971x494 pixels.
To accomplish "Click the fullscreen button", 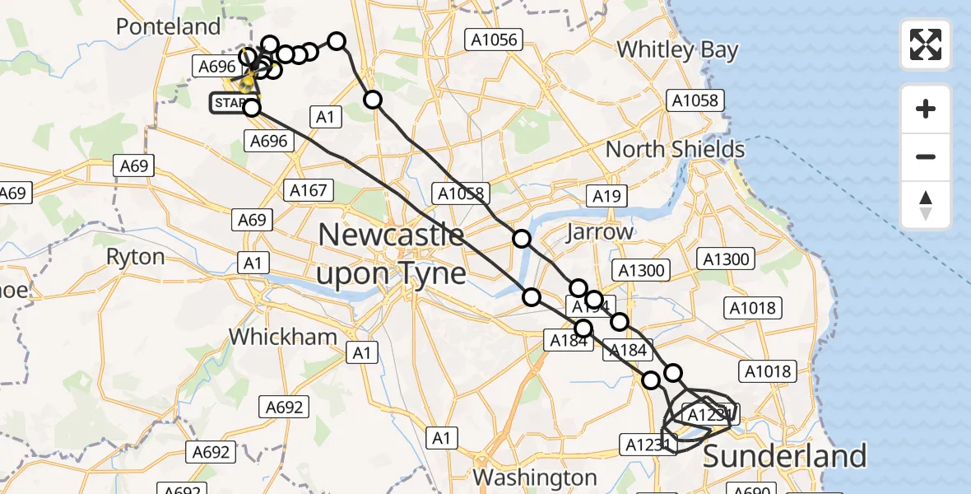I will click(x=926, y=44).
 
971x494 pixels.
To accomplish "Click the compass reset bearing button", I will click(x=926, y=205).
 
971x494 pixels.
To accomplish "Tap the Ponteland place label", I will click(x=168, y=26).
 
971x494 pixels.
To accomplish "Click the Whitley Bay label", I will click(x=677, y=49).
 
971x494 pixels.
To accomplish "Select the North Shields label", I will click(x=675, y=150).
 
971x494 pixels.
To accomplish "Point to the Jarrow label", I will click(x=600, y=231).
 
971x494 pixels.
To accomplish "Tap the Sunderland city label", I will click(x=784, y=455).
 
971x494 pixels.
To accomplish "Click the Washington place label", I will click(x=535, y=478).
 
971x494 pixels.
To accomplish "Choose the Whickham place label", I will click(x=283, y=336).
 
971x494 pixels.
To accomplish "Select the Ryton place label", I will click(x=135, y=257).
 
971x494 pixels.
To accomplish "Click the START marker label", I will click(x=228, y=103).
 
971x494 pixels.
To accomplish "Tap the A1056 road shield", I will click(x=494, y=39).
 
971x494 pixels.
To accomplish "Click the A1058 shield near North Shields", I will click(x=694, y=101).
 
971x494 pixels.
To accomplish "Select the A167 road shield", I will click(x=309, y=190).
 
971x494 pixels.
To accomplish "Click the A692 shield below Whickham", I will click(x=285, y=406).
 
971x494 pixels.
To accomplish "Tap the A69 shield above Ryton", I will click(x=133, y=166).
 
